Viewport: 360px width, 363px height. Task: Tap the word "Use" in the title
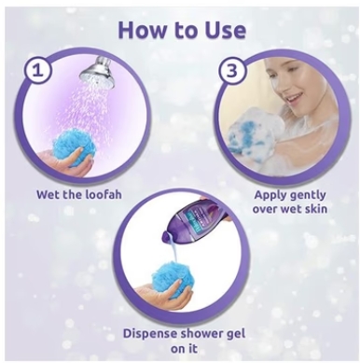click(x=225, y=30)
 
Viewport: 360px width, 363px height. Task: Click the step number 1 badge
click(x=38, y=71)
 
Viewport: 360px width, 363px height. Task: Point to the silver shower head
click(x=96, y=68)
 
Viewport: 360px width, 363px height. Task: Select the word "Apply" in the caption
click(x=270, y=196)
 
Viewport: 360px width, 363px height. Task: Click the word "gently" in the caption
click(x=308, y=196)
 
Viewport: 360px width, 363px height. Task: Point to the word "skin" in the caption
click(x=315, y=208)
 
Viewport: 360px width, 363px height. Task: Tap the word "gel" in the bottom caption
click(x=236, y=335)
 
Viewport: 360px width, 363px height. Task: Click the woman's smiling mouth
click(x=293, y=101)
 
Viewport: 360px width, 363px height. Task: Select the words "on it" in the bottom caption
click(x=184, y=348)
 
